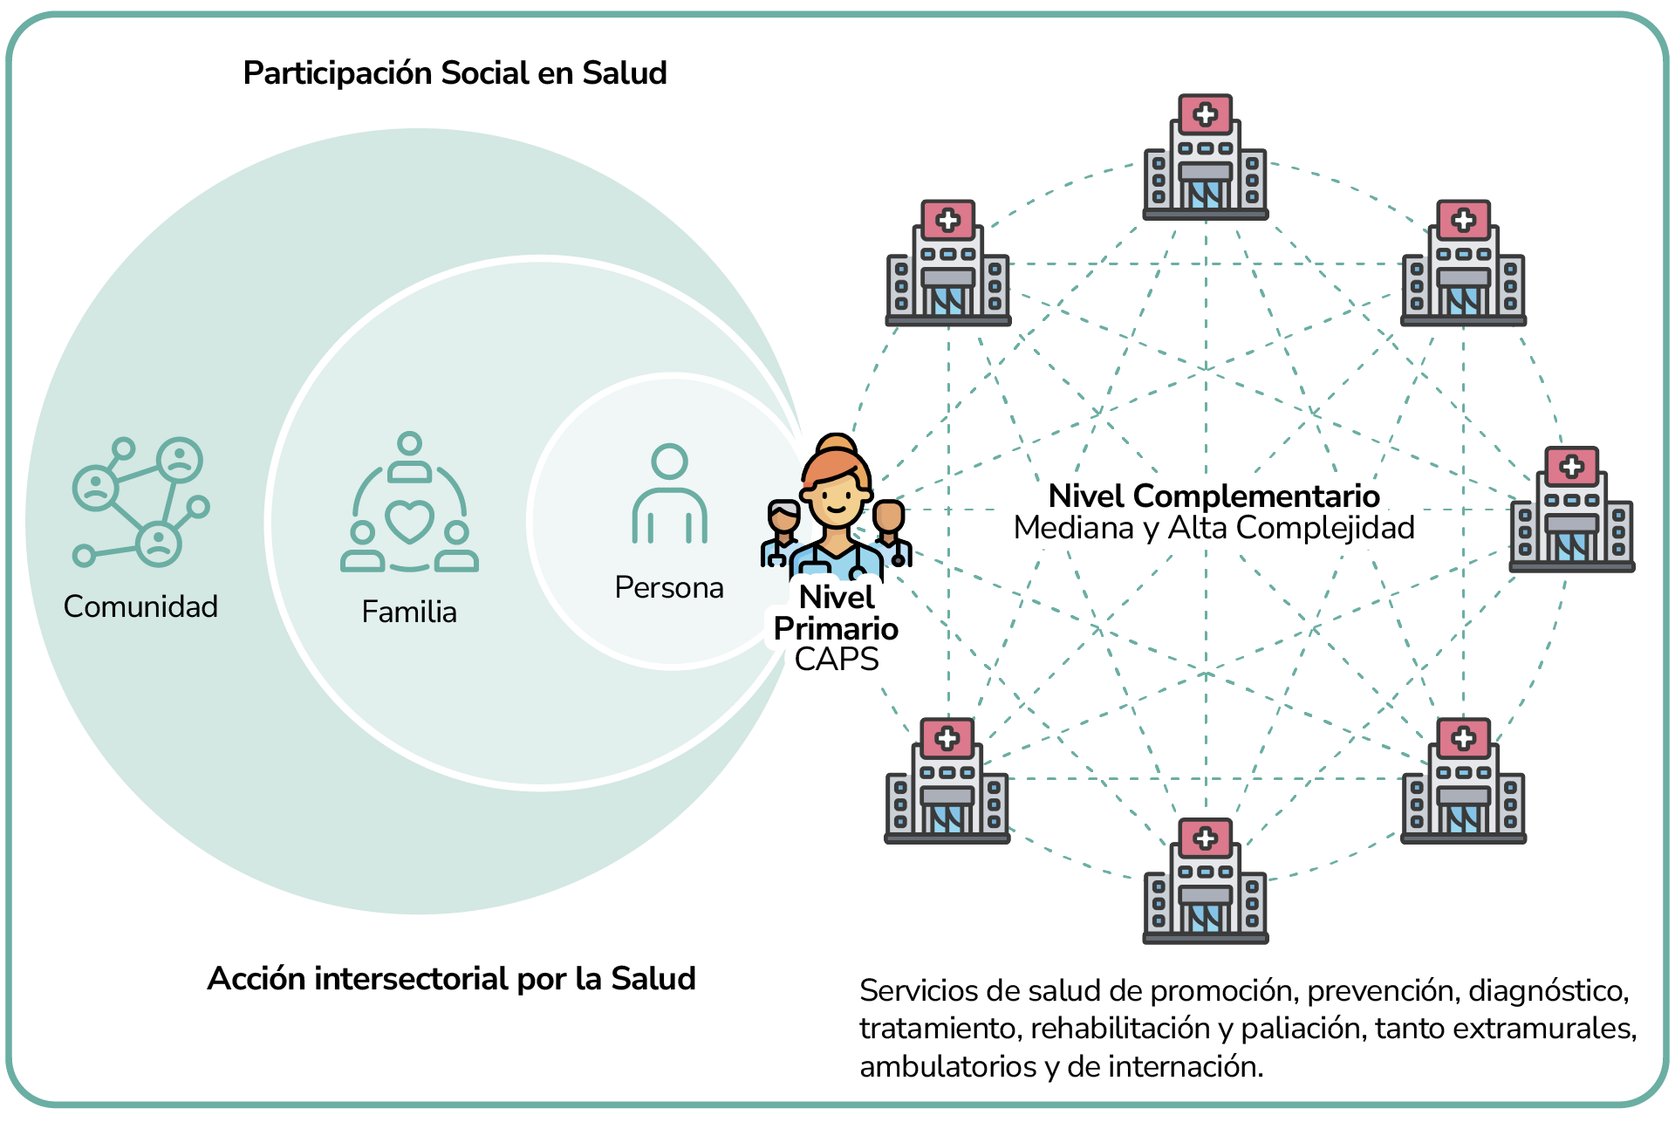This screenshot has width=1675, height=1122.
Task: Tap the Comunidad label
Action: pyautogui.click(x=140, y=606)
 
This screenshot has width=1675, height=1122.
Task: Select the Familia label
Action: pyautogui.click(x=409, y=612)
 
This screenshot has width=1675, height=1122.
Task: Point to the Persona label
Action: pyautogui.click(x=669, y=587)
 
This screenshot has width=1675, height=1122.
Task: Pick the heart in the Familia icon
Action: pyautogui.click(x=409, y=522)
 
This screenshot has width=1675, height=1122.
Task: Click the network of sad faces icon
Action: pyautogui.click(x=140, y=502)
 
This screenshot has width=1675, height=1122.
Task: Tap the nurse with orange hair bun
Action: pyautogui.click(x=836, y=506)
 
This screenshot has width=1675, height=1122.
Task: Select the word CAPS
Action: pyautogui.click(x=836, y=660)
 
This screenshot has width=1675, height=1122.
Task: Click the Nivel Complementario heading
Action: pyautogui.click(x=1214, y=496)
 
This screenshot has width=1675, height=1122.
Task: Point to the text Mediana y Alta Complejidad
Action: pyautogui.click(x=1214, y=528)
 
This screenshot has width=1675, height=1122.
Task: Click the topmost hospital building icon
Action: pyautogui.click(x=1206, y=157)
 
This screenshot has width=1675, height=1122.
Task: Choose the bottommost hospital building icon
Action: pyautogui.click(x=1206, y=881)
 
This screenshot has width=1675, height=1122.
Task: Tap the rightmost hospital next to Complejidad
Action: pyautogui.click(x=1571, y=510)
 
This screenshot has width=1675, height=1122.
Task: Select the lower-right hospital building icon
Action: pyautogui.click(x=1463, y=781)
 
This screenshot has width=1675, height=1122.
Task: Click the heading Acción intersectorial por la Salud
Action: pyautogui.click(x=451, y=979)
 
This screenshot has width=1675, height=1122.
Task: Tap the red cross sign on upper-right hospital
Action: pyautogui.click(x=1464, y=220)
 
